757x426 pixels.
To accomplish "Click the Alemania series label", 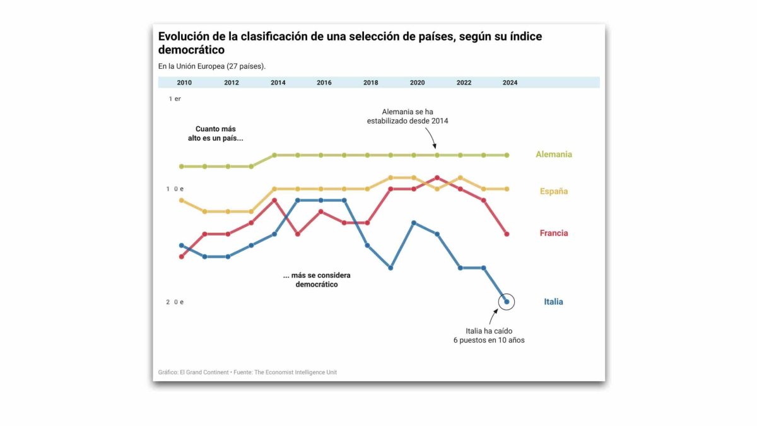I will click(x=554, y=154).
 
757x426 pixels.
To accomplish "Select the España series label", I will click(x=554, y=191).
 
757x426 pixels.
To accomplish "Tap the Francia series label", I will click(x=554, y=233).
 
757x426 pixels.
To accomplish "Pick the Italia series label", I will click(x=553, y=302).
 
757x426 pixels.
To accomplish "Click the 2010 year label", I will click(x=184, y=83).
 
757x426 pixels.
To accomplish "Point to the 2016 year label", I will click(x=324, y=83).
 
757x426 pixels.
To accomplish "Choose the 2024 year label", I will click(x=510, y=83).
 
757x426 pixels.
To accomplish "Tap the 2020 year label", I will click(x=417, y=83).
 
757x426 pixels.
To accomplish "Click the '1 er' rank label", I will click(x=175, y=99).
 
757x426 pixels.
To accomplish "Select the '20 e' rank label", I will click(x=175, y=302).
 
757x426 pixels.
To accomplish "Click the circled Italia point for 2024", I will click(x=507, y=302).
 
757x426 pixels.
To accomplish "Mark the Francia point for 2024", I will click(x=507, y=234).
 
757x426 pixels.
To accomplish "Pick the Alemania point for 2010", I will click(x=182, y=167).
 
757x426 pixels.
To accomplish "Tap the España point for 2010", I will click(x=182, y=200).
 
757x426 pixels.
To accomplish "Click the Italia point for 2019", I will click(x=390, y=268).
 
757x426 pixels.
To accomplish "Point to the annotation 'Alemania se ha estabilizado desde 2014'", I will click(x=407, y=116).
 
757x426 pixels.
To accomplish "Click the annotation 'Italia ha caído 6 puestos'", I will click(x=488, y=336).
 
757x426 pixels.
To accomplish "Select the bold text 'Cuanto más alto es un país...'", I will click(x=215, y=133).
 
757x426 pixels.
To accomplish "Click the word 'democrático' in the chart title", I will click(x=191, y=50).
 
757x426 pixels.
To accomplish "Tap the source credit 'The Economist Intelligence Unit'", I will click(x=295, y=372).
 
